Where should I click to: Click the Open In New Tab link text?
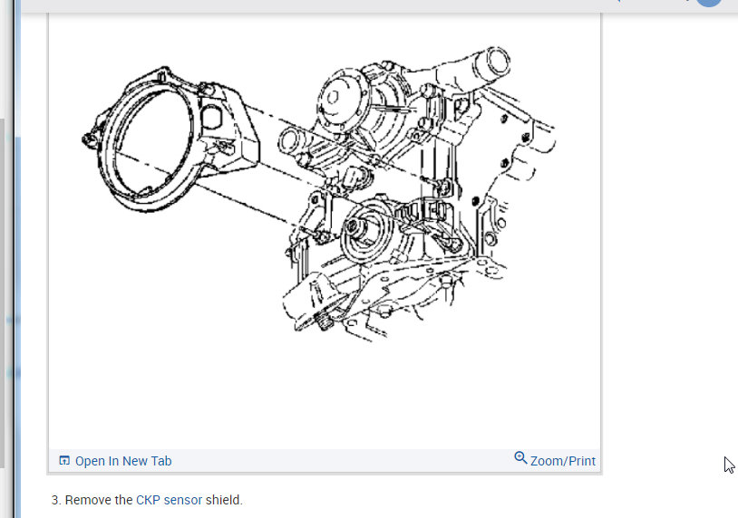123,461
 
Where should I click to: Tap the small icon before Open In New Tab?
64,460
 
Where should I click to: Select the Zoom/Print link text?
563,461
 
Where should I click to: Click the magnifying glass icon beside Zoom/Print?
520,458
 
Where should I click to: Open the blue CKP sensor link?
169,500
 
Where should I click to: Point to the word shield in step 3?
224,500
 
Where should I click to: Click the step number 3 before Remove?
56,500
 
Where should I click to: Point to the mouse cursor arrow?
729,465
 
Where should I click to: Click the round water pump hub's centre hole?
333,97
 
